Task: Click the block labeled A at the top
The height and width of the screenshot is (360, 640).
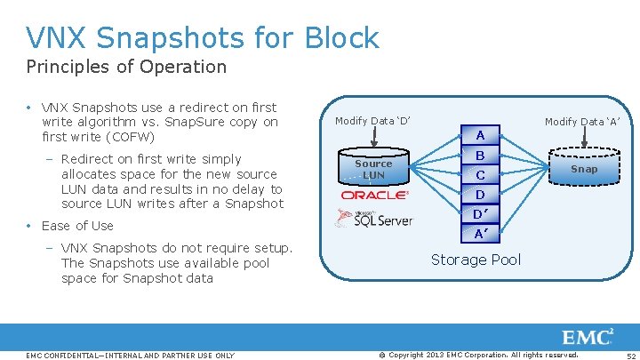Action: [x=480, y=135]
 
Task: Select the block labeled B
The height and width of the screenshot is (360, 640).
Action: [x=480, y=155]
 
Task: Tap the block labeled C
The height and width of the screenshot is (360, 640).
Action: [x=480, y=174]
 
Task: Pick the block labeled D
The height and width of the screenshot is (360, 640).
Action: [x=480, y=194]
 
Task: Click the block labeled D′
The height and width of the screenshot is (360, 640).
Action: [x=480, y=213]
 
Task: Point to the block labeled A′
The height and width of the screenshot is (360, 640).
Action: [x=480, y=233]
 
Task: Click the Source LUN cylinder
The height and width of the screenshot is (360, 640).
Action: [x=373, y=168]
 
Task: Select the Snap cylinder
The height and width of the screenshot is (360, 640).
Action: [x=584, y=168]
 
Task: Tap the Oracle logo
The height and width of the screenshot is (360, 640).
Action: [x=374, y=195]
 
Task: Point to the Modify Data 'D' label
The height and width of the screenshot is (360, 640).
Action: [x=372, y=121]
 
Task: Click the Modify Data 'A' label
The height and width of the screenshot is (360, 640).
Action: [x=581, y=121]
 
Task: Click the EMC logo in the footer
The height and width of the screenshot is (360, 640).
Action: [x=588, y=338]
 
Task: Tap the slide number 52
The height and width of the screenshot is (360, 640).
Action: [x=629, y=356]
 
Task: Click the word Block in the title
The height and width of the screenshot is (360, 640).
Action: [x=341, y=38]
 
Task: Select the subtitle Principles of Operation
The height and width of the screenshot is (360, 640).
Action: [x=126, y=67]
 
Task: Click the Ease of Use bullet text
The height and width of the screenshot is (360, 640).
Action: [x=77, y=226]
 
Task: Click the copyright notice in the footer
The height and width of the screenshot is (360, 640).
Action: [x=479, y=355]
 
